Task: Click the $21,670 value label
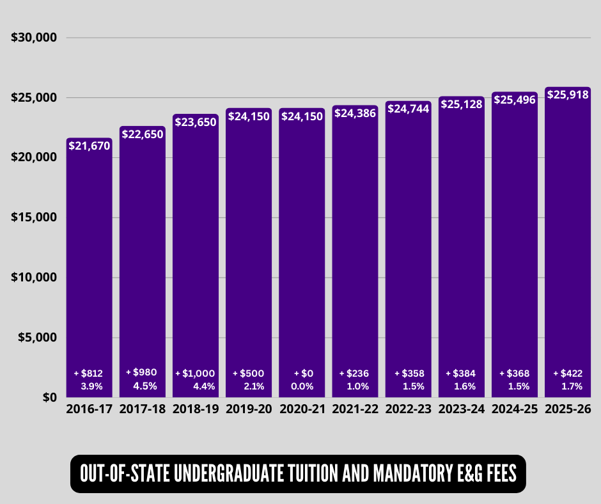pos(89,146)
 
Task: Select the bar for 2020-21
pos(302,256)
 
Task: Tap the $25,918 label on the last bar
pos(568,95)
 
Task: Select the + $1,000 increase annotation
pos(195,373)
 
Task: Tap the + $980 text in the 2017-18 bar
pos(142,372)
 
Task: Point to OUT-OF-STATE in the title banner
pos(124,474)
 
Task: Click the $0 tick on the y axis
pos(49,397)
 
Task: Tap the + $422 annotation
pos(568,373)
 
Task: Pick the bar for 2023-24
pos(462,256)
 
